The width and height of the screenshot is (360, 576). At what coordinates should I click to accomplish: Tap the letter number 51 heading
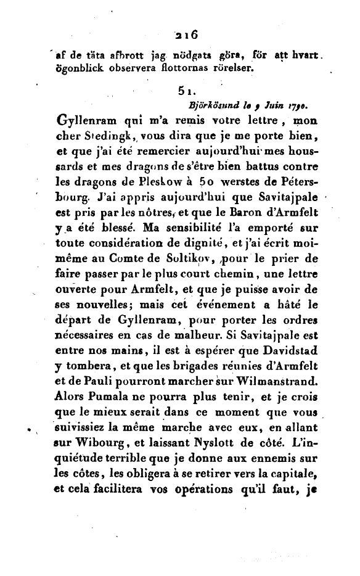click(x=184, y=92)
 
